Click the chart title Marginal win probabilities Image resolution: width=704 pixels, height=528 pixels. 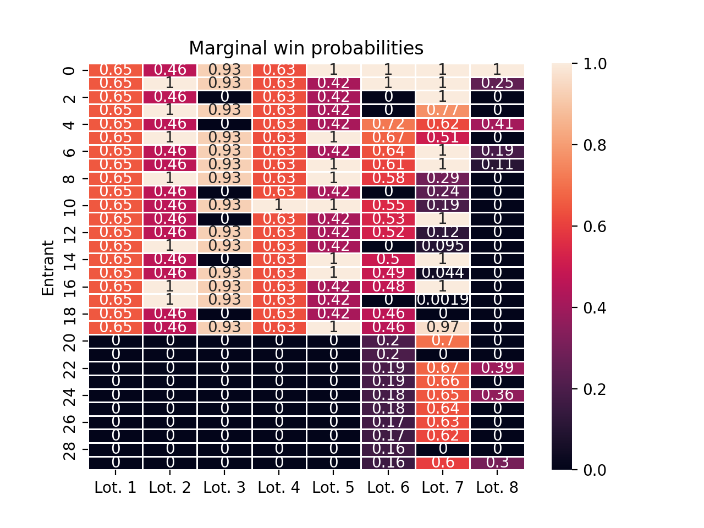[306, 48]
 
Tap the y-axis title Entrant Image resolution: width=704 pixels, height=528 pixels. [48, 268]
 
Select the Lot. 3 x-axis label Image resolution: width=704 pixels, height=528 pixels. [224, 487]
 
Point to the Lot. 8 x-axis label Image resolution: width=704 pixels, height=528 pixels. [497, 487]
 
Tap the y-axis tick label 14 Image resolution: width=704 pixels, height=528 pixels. [69, 259]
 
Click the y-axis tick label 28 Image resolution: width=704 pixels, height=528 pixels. [69, 449]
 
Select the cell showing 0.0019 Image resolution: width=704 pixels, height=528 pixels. [443, 300]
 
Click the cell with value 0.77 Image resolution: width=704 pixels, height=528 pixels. [443, 111]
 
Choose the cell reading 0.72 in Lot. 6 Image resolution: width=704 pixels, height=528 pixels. [388, 124]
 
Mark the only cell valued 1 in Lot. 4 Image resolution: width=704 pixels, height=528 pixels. [279, 205]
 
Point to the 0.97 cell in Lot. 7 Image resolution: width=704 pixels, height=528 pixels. [443, 327]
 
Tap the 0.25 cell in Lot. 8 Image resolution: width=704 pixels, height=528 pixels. [497, 83]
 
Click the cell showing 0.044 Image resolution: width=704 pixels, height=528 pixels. [443, 273]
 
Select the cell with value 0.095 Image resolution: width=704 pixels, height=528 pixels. [443, 246]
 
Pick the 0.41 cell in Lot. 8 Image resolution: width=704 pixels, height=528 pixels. [497, 124]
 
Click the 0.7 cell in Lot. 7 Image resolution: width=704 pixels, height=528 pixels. [443, 340]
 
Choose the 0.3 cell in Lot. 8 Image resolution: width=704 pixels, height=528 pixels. [497, 463]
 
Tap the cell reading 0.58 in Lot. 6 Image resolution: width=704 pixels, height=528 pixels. [388, 178]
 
